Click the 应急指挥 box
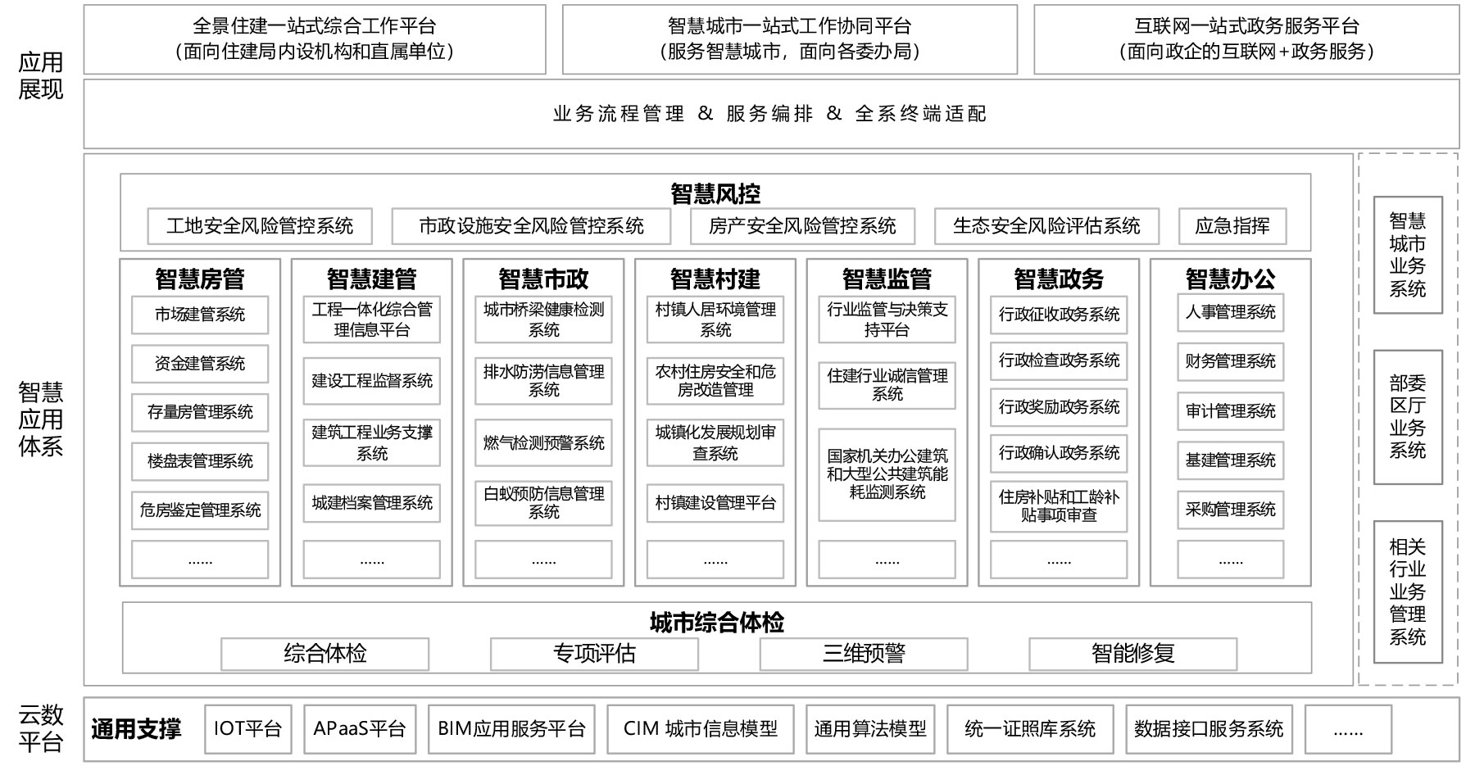coord(1232,226)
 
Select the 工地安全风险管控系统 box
coord(260,226)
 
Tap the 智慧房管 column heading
coord(200,279)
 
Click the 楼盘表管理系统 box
coord(200,461)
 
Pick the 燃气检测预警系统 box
coord(543,443)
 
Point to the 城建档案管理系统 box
coord(372,503)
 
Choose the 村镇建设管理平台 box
coord(715,503)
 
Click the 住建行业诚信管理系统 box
coord(887,385)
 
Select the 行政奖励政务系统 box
coord(1059,407)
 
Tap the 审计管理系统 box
coord(1230,411)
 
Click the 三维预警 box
coord(864,654)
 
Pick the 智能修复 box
coord(1133,654)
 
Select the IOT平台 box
coord(247,729)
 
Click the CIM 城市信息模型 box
coord(701,729)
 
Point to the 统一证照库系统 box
coord(1030,729)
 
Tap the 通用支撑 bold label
coord(136,729)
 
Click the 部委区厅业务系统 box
coord(1408,417)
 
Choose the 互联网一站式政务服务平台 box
coord(1246,39)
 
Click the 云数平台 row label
coord(41,728)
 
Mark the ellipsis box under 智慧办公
coord(1230,560)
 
